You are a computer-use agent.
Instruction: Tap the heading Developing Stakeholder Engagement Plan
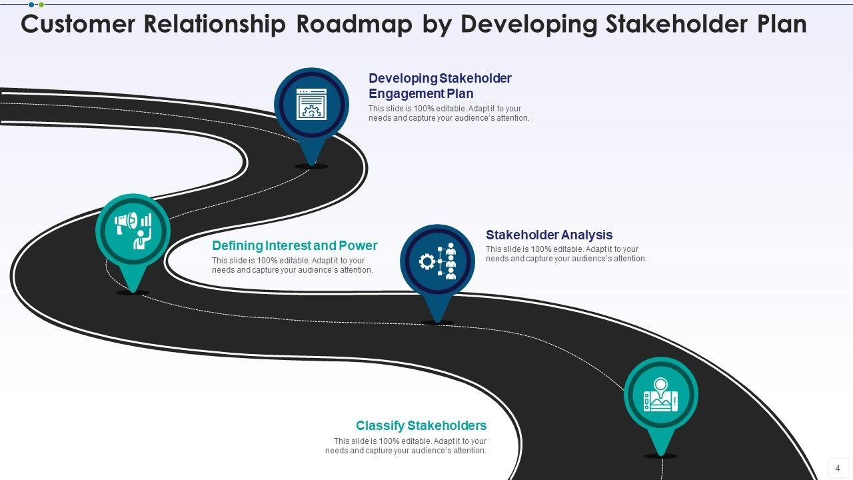(x=440, y=86)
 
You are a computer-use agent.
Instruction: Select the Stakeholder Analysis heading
(x=549, y=235)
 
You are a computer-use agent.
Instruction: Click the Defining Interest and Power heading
(x=295, y=245)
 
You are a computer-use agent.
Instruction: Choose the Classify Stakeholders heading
(x=421, y=425)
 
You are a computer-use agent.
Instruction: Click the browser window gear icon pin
(x=311, y=105)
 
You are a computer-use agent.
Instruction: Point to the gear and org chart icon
(x=438, y=261)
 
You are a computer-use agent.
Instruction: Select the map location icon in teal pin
(x=660, y=395)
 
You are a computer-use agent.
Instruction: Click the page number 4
(x=838, y=468)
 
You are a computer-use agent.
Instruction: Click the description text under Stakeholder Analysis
(x=566, y=254)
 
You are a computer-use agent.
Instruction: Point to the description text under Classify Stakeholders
(x=407, y=446)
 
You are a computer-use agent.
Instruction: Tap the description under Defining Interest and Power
(x=293, y=265)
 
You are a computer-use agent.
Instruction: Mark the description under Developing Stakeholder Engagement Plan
(x=448, y=113)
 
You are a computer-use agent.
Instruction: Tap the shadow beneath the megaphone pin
(x=133, y=293)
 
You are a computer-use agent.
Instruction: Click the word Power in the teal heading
(x=358, y=245)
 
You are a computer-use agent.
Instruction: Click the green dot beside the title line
(x=41, y=5)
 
